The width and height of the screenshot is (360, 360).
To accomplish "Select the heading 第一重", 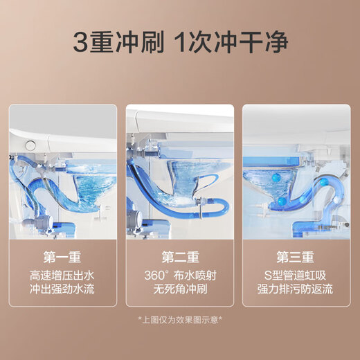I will [62, 257].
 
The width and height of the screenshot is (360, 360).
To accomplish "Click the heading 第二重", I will [179, 257].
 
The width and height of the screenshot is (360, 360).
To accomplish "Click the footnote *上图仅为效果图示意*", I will [179, 319].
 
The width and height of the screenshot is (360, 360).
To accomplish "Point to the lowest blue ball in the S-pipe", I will [281, 201].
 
